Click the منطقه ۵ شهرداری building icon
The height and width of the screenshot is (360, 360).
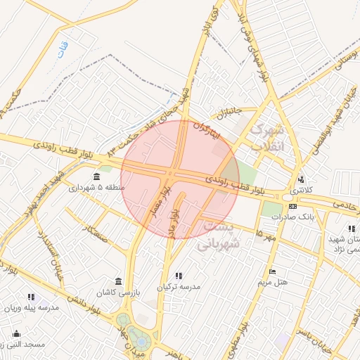(96, 176)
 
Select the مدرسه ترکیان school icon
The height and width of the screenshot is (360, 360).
(178, 276)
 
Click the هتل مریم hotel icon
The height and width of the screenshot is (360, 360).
(273, 272)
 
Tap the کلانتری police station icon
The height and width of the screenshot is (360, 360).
(301, 179)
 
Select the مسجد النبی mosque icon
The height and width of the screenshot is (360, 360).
(16, 333)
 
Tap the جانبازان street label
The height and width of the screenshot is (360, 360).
(228, 112)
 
